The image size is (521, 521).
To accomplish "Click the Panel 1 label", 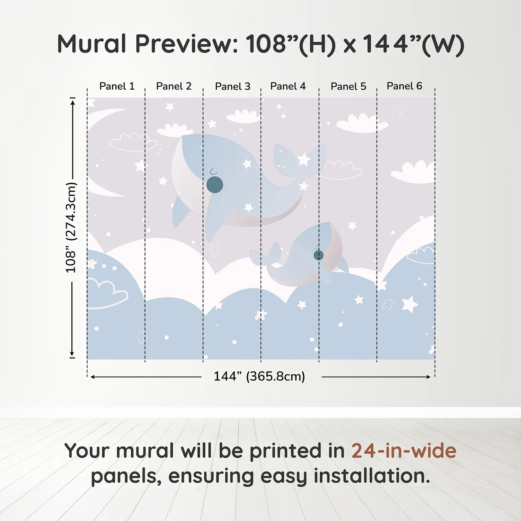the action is [117, 86].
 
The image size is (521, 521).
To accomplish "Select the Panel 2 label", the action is [174, 86].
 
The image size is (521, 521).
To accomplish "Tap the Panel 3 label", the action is [233, 86].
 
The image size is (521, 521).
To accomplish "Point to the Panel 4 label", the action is [288, 86].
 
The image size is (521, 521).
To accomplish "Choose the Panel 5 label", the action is [348, 86].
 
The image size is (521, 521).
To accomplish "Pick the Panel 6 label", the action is [404, 86].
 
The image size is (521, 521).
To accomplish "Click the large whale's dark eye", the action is [215, 185].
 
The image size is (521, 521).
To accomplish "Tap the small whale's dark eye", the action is [319, 255].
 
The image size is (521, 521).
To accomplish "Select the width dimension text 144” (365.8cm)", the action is [259, 376].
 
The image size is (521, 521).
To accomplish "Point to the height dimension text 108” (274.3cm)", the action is [71, 227].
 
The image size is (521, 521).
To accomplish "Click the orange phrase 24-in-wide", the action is [404, 451].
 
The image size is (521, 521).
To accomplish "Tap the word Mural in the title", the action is [92, 44].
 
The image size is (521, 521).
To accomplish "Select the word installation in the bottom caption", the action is [372, 476].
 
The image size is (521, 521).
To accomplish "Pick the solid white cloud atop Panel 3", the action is [244, 116].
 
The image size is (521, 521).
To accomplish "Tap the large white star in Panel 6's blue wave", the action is [410, 304].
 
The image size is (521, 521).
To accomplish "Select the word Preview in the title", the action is [186, 44].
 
